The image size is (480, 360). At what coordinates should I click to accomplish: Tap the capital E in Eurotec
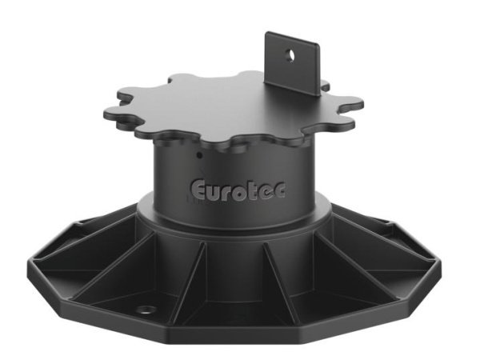(x=198, y=190)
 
